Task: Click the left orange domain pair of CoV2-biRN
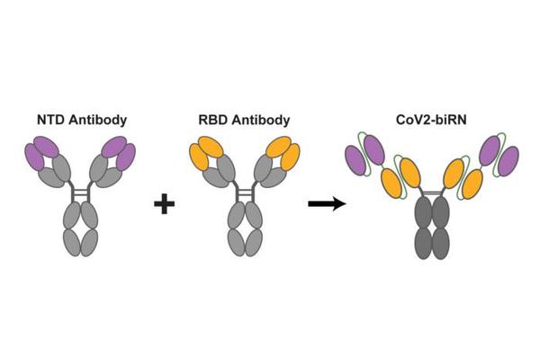click(x=400, y=176)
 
